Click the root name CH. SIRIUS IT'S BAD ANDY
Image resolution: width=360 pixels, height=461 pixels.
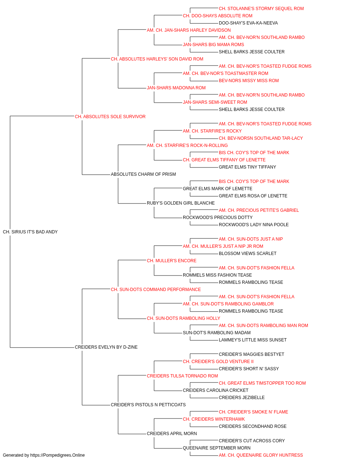pyautogui.click(x=30, y=232)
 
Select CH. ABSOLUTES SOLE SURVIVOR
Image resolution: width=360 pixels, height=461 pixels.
pyautogui.click(x=110, y=117)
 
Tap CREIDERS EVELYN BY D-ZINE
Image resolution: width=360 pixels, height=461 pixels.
pyautogui.click(x=106, y=347)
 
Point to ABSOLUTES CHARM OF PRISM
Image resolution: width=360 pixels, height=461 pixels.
pyautogui.click(x=143, y=174)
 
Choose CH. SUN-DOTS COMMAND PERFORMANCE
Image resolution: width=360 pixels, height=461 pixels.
pyautogui.click(x=156, y=290)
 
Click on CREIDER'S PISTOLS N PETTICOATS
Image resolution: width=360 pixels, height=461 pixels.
pyautogui.click(x=148, y=405)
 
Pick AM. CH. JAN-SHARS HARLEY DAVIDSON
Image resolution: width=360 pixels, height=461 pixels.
pyautogui.click(x=189, y=30)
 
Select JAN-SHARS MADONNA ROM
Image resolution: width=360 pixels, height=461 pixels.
pyautogui.click(x=176, y=88)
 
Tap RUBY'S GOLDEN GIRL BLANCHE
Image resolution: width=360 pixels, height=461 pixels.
pyautogui.click(x=181, y=203)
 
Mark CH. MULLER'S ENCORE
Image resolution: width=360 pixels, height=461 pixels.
pyautogui.click(x=171, y=261)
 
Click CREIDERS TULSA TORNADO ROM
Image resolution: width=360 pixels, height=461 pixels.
pyautogui.click(x=182, y=376)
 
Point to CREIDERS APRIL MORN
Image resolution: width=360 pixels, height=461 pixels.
pyautogui.click(x=172, y=434)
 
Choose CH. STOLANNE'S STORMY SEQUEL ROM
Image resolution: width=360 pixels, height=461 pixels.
pyautogui.click(x=261, y=9)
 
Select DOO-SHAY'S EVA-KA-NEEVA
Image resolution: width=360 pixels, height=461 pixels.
pyautogui.click(x=248, y=23)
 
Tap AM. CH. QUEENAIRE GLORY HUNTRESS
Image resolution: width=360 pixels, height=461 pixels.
pyautogui.click(x=261, y=455)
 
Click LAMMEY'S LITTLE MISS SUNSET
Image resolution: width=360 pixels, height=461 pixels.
pyautogui.click(x=253, y=340)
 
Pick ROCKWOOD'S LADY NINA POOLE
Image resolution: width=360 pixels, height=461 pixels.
pyautogui.click(x=254, y=225)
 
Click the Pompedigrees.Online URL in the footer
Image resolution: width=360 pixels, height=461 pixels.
pyautogui.click(x=57, y=455)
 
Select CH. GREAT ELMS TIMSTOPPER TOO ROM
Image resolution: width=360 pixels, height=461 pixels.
pyautogui.click(x=262, y=383)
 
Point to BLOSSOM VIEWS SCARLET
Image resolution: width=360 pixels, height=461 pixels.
pyautogui.click(x=248, y=254)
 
